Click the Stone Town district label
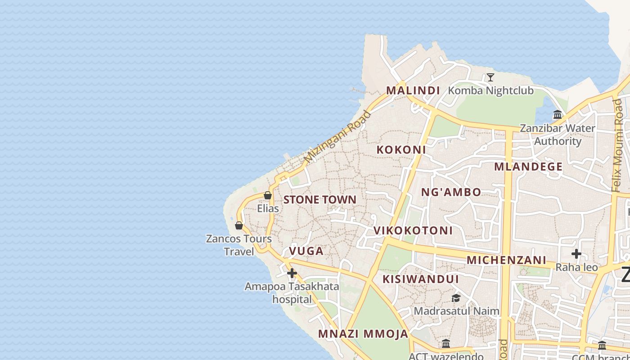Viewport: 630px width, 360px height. [x=319, y=199]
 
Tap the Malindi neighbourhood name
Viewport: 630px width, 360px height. [x=413, y=90]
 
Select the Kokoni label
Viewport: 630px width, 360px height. [x=401, y=149]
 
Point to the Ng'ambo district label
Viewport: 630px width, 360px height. [x=451, y=192]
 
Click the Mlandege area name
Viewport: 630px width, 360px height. [x=528, y=166]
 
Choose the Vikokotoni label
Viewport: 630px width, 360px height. [x=413, y=230]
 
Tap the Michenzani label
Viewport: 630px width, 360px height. [x=506, y=260]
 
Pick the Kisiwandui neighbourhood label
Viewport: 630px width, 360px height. [x=421, y=279]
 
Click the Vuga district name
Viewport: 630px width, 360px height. [x=306, y=251]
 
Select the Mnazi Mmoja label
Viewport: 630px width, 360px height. [x=363, y=334]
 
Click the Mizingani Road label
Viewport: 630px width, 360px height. [x=337, y=136]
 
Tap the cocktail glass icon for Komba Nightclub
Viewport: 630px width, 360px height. [x=490, y=77]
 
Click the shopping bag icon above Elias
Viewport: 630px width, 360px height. [x=268, y=195]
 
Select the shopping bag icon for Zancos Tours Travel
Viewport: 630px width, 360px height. [x=239, y=225]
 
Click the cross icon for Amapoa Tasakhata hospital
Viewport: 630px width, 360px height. [x=292, y=273]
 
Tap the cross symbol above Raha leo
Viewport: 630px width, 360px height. [x=576, y=254]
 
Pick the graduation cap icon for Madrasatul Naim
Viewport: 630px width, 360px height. [x=456, y=298]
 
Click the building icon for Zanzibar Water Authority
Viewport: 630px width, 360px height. [x=558, y=115]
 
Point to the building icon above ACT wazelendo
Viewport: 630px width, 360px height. [x=446, y=344]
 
